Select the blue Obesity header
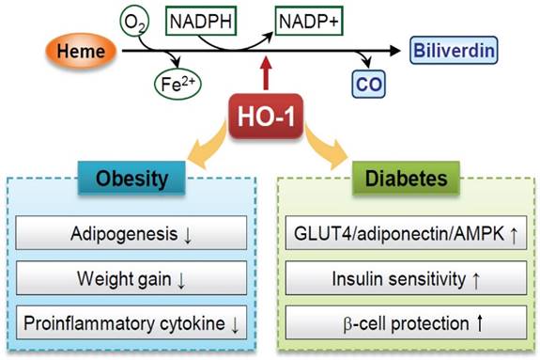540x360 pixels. (133, 179)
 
